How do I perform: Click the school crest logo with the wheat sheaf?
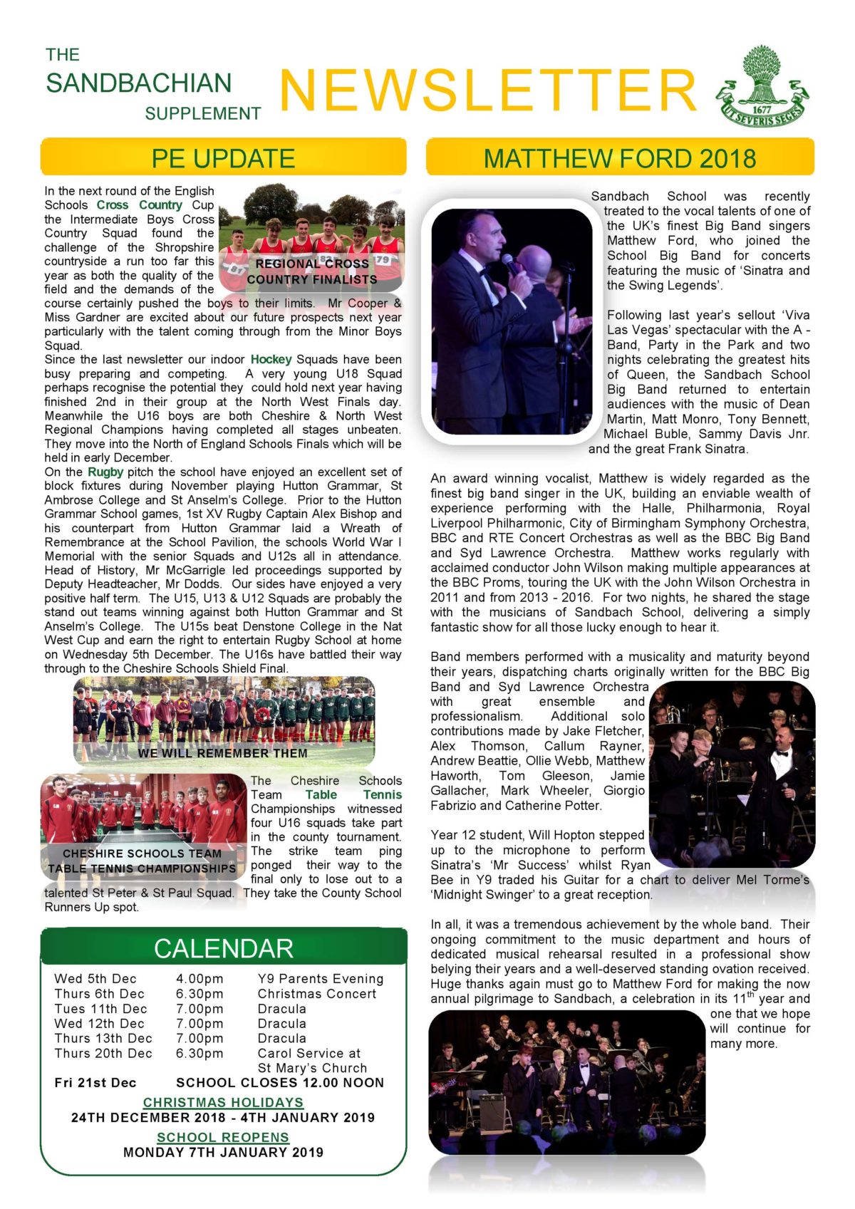pos(763,87)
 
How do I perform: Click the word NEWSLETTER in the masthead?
pos(488,90)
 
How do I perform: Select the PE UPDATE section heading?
pos(223,158)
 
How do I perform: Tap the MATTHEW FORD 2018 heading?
pos(619,158)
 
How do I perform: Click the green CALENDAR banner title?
pos(223,948)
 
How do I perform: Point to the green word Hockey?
pos(271,359)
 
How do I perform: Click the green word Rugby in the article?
pos(105,472)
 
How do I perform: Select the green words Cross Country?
pos(140,204)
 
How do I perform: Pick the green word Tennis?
pos(382,794)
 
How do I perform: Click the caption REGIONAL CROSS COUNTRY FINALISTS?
pos(312,271)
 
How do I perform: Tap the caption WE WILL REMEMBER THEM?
pos(223,753)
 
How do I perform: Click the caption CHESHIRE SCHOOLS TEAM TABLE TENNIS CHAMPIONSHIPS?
pos(142,861)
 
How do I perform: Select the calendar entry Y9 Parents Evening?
pos(321,979)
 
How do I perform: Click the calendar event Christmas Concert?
pos(317,994)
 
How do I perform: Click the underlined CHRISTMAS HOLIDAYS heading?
pos(223,1102)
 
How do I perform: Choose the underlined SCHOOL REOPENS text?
pos(223,1137)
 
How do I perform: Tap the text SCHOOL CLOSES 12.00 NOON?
pos(280,1083)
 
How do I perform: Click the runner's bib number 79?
pos(383,259)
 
